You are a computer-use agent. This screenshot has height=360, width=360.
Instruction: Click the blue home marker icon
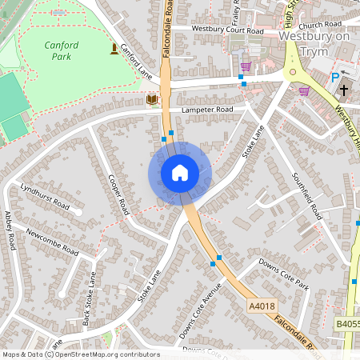pyautogui.click(x=180, y=173)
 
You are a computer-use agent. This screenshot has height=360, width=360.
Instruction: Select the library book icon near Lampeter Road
pyautogui.click(x=152, y=99)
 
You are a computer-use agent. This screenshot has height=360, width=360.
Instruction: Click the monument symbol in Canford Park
pyautogui.click(x=113, y=50)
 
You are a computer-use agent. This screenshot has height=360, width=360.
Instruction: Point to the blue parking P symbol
pyautogui.click(x=335, y=78)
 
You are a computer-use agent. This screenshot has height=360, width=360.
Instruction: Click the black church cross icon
pyautogui.click(x=344, y=90)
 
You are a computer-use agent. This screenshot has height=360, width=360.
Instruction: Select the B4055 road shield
pyautogui.click(x=347, y=324)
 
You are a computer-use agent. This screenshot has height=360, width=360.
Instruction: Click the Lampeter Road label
pyautogui.click(x=206, y=110)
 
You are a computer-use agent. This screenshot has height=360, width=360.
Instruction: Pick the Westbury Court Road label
pyautogui.click(x=227, y=30)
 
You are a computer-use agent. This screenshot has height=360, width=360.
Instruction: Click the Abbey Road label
pyautogui.click(x=10, y=230)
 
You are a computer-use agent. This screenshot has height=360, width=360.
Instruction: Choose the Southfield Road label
pyautogui.click(x=307, y=197)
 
